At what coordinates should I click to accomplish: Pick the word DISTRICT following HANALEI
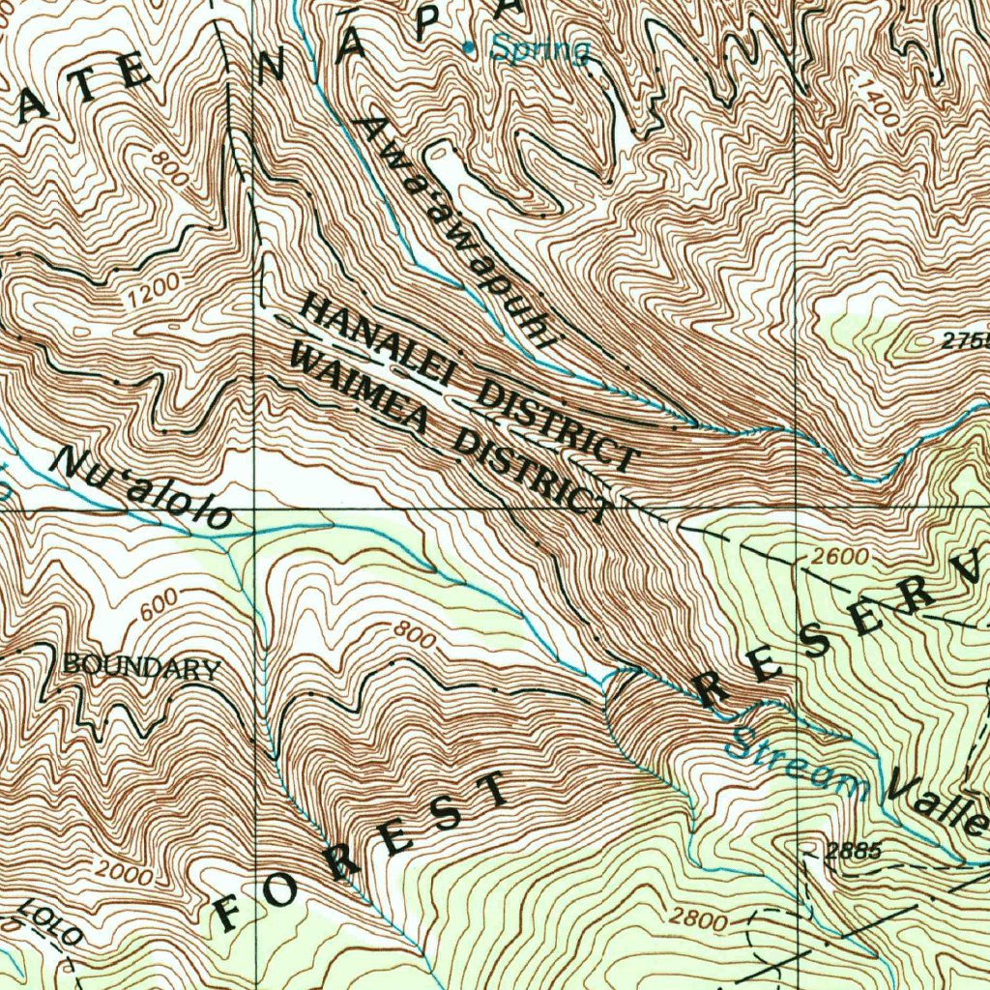click(x=560, y=423)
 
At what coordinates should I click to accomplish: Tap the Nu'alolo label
click(x=144, y=488)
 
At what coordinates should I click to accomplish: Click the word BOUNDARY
click(x=141, y=667)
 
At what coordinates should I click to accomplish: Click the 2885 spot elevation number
click(x=854, y=851)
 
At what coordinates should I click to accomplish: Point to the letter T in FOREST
click(x=494, y=790)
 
